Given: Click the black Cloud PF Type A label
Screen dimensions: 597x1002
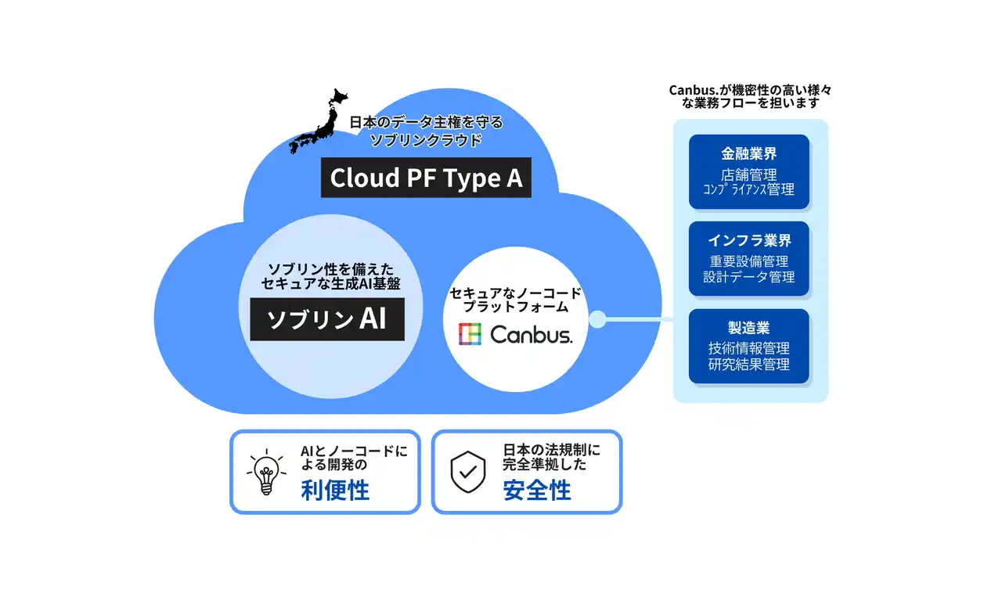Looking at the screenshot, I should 426,178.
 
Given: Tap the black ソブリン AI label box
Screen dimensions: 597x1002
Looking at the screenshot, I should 327,319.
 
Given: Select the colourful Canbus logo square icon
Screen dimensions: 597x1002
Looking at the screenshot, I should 470,334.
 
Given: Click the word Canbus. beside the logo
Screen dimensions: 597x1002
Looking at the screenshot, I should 532,335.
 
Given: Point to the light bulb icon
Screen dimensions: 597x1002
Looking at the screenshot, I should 265,472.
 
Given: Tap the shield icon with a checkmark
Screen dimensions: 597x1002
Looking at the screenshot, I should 468,472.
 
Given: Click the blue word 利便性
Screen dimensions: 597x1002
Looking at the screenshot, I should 335,491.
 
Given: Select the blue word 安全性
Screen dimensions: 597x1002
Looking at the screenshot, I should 537,491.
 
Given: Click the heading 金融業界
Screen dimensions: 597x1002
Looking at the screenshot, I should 749,153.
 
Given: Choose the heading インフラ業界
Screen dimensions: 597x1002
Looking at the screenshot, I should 749,240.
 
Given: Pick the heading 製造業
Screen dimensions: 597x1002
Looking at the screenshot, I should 749,328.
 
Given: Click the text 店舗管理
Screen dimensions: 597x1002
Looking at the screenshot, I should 749,174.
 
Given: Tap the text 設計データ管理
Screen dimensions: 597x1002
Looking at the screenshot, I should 749,276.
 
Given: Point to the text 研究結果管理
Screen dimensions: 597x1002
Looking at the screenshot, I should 749,364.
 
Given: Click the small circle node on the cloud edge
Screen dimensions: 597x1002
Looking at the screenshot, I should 598,319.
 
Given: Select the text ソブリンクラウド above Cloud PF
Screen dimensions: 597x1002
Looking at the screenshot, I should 426,140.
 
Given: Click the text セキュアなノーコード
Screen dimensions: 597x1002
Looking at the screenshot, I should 515,293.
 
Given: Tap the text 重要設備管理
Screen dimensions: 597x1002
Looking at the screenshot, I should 749,261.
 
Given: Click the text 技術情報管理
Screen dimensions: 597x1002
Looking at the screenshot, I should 749,349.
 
